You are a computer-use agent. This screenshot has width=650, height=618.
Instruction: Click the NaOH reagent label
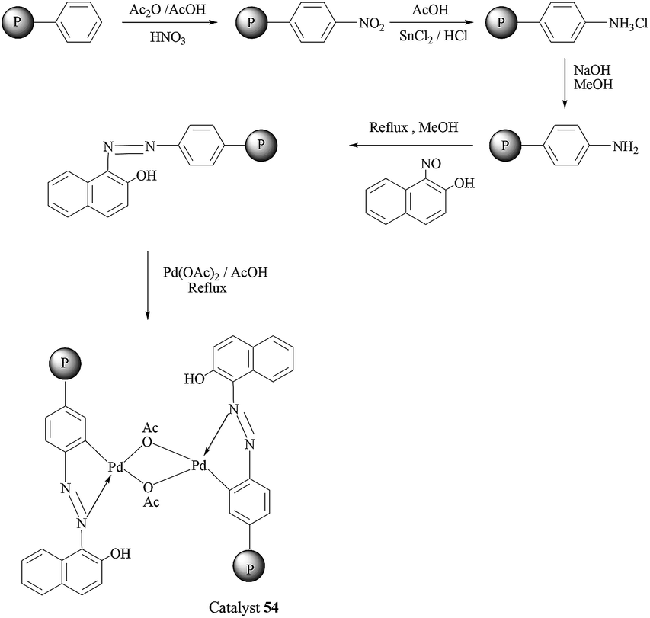click(589, 68)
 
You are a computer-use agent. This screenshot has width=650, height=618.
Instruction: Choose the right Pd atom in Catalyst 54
click(200, 464)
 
